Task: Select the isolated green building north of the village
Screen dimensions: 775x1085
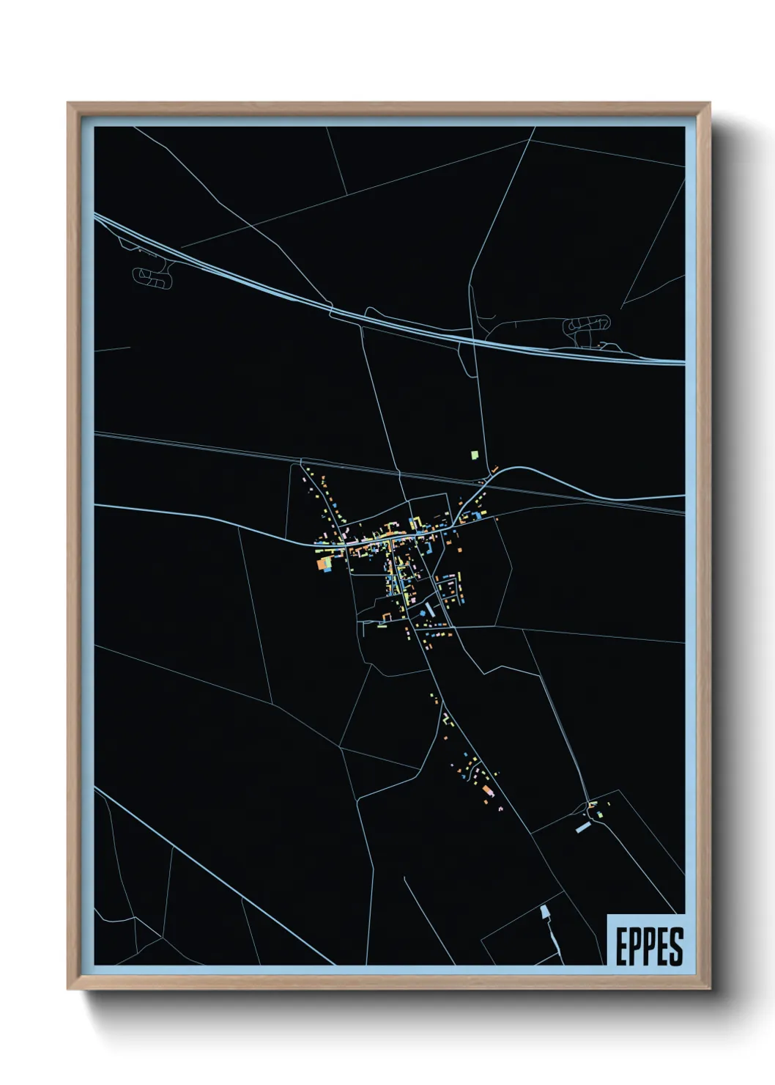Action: tap(475, 455)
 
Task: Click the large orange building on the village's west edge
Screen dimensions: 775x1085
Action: tap(322, 563)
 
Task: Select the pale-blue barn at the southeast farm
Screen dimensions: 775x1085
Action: tap(582, 827)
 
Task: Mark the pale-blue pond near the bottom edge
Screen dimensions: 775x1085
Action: tap(545, 913)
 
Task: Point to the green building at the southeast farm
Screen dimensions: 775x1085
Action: tap(600, 814)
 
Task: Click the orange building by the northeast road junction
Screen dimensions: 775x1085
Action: tap(494, 469)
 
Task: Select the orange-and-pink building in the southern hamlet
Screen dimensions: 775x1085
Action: tap(488, 790)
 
